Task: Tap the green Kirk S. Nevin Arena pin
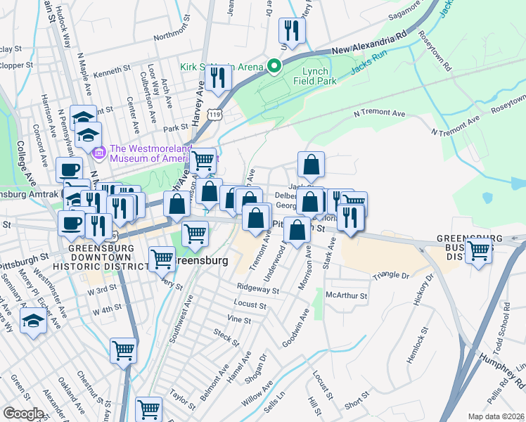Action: tap(274, 66)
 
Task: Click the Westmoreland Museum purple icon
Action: tap(98, 151)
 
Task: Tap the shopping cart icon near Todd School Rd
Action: tap(479, 250)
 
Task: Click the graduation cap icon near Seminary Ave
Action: tap(33, 322)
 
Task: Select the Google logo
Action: tap(23, 414)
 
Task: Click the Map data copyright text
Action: tap(496, 416)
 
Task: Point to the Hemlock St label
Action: tap(425, 341)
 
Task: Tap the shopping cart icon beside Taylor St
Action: tap(148, 409)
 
